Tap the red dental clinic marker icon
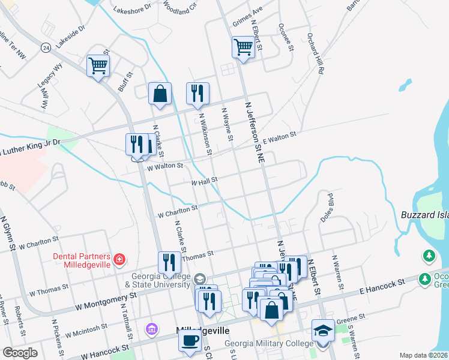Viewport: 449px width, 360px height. point(120,259)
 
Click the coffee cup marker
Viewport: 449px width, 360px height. point(190,340)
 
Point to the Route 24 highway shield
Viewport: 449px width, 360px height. point(45,47)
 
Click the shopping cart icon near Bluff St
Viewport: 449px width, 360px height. point(98,65)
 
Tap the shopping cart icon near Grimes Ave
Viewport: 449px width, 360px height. point(243,47)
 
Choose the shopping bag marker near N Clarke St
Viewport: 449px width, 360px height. point(160,94)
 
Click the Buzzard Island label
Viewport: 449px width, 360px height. point(424,215)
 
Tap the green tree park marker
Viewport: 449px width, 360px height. point(429,256)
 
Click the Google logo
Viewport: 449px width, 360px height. point(20,352)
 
